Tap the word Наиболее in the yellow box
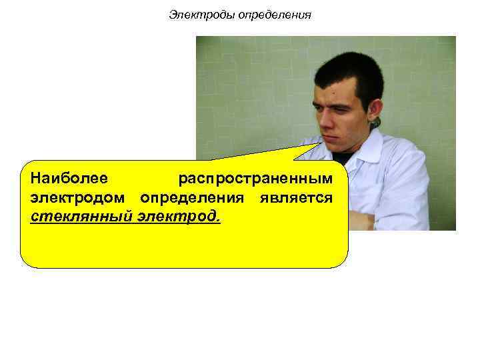pyautogui.click(x=69, y=179)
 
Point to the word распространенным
pyautogui.click(x=255, y=179)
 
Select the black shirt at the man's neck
pyautogui.click(x=345, y=158)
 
